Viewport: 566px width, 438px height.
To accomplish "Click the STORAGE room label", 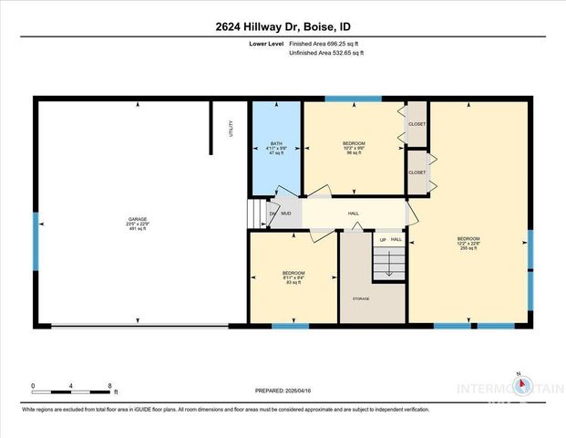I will pos(362,298).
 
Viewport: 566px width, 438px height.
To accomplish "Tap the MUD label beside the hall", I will pos(285,214).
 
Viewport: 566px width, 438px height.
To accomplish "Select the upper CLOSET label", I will pos(417,123).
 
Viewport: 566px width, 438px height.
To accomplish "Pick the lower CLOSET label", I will pos(417,172).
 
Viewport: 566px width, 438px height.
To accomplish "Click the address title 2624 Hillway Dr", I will pos(283,26).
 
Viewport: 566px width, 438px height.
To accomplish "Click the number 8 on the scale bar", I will pos(109,385).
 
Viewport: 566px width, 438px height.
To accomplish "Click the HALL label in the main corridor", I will pos(353,214).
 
